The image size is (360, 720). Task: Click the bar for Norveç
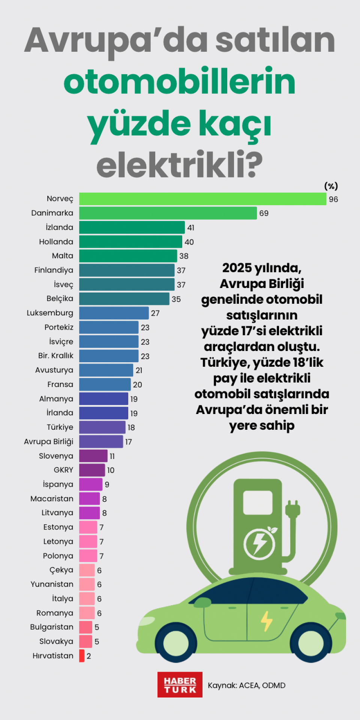(202, 199)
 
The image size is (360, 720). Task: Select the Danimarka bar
(168, 213)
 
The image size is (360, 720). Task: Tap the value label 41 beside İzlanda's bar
(191, 228)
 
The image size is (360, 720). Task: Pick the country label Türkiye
(60, 427)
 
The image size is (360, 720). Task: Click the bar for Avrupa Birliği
(101, 441)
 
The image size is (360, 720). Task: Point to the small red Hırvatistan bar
(82, 655)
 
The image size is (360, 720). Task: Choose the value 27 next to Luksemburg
(155, 313)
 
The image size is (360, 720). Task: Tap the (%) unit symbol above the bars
(331, 186)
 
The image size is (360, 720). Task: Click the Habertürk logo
(180, 685)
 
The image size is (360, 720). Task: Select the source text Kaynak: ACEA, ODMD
(246, 685)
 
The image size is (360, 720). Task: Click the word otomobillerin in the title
(180, 81)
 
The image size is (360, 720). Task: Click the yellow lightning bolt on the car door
(266, 621)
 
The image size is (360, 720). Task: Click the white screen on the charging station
(258, 502)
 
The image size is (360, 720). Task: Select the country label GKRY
(63, 470)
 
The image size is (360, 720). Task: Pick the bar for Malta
(128, 256)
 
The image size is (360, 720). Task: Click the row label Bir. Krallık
(55, 355)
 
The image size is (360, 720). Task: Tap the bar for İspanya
(90, 484)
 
